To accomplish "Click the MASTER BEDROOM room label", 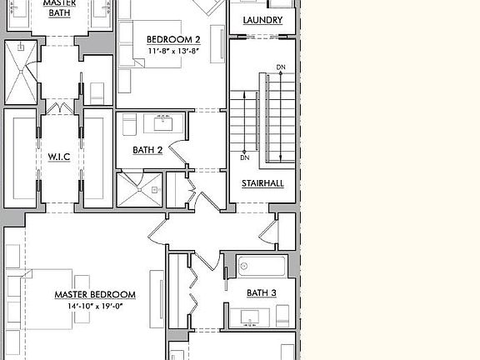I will (x=95, y=294).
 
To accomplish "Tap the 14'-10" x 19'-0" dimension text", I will (x=95, y=306).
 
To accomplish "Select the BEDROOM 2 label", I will (x=173, y=39).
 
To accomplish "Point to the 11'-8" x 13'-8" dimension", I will (x=173, y=51).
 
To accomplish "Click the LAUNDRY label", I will (x=262, y=20).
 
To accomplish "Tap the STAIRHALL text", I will (x=262, y=182).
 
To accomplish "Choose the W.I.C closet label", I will (x=58, y=157).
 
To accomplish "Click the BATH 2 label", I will (x=147, y=150).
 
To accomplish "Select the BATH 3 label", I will (x=262, y=292).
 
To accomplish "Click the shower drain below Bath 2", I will (x=153, y=189).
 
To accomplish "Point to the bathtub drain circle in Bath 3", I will (x=245, y=267).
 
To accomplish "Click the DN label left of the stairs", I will (x=245, y=157).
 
